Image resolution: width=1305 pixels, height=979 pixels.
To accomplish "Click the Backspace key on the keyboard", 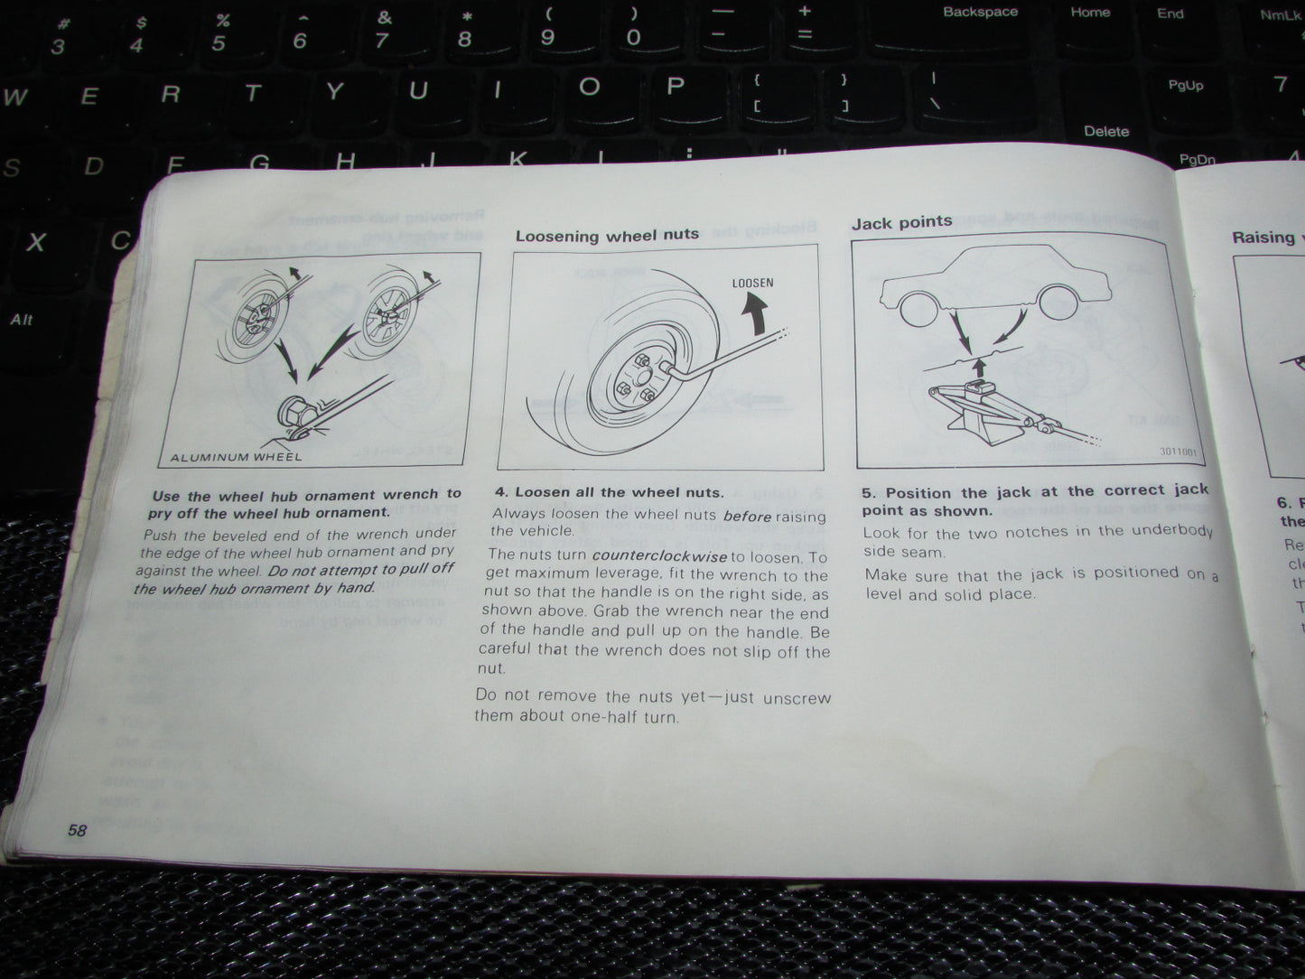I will (980, 13).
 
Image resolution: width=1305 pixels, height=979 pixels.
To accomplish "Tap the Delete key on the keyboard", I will (1105, 131).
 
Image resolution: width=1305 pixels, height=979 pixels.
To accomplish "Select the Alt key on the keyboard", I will (22, 320).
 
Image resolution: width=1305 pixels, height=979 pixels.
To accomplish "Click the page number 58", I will (77, 829).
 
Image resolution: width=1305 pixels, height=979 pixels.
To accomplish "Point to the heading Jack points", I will (901, 222).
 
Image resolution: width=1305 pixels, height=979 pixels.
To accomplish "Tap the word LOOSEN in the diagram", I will (752, 283).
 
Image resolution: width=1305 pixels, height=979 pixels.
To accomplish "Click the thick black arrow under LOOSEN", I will (755, 313).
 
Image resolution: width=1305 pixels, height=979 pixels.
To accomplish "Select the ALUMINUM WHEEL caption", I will (237, 457).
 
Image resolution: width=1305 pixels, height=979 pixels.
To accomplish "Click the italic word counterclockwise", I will (659, 556).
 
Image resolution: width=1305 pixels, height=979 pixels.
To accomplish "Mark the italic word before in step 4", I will (747, 517).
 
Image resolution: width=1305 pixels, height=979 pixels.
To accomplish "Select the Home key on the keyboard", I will (1090, 13).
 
